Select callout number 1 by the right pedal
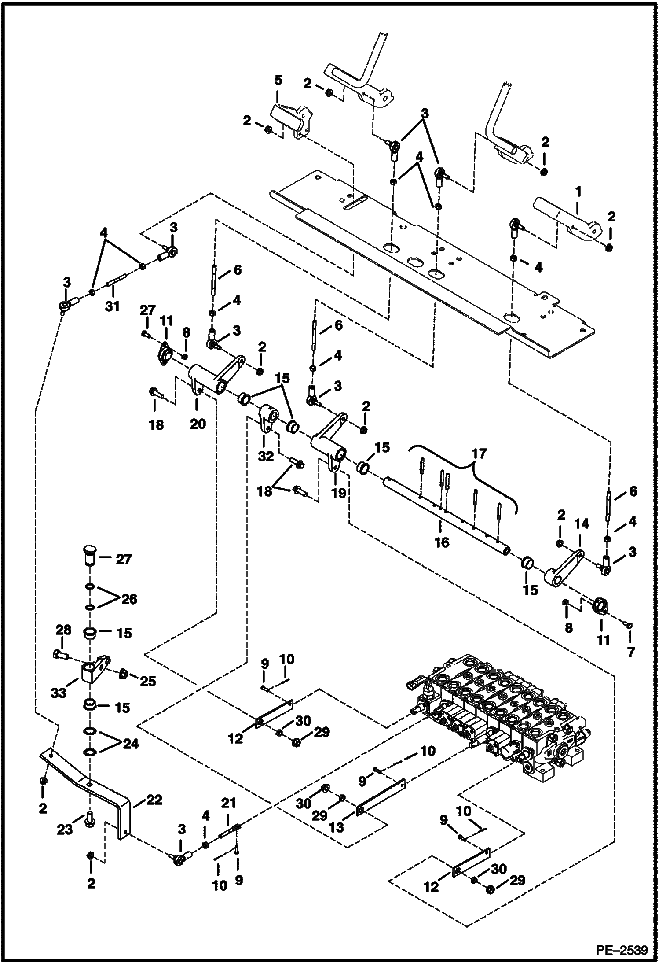click(x=578, y=191)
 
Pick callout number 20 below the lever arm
click(x=198, y=424)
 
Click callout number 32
click(x=266, y=456)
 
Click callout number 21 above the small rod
click(x=229, y=805)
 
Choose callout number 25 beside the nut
click(x=147, y=681)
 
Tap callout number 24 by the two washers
click(x=131, y=744)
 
